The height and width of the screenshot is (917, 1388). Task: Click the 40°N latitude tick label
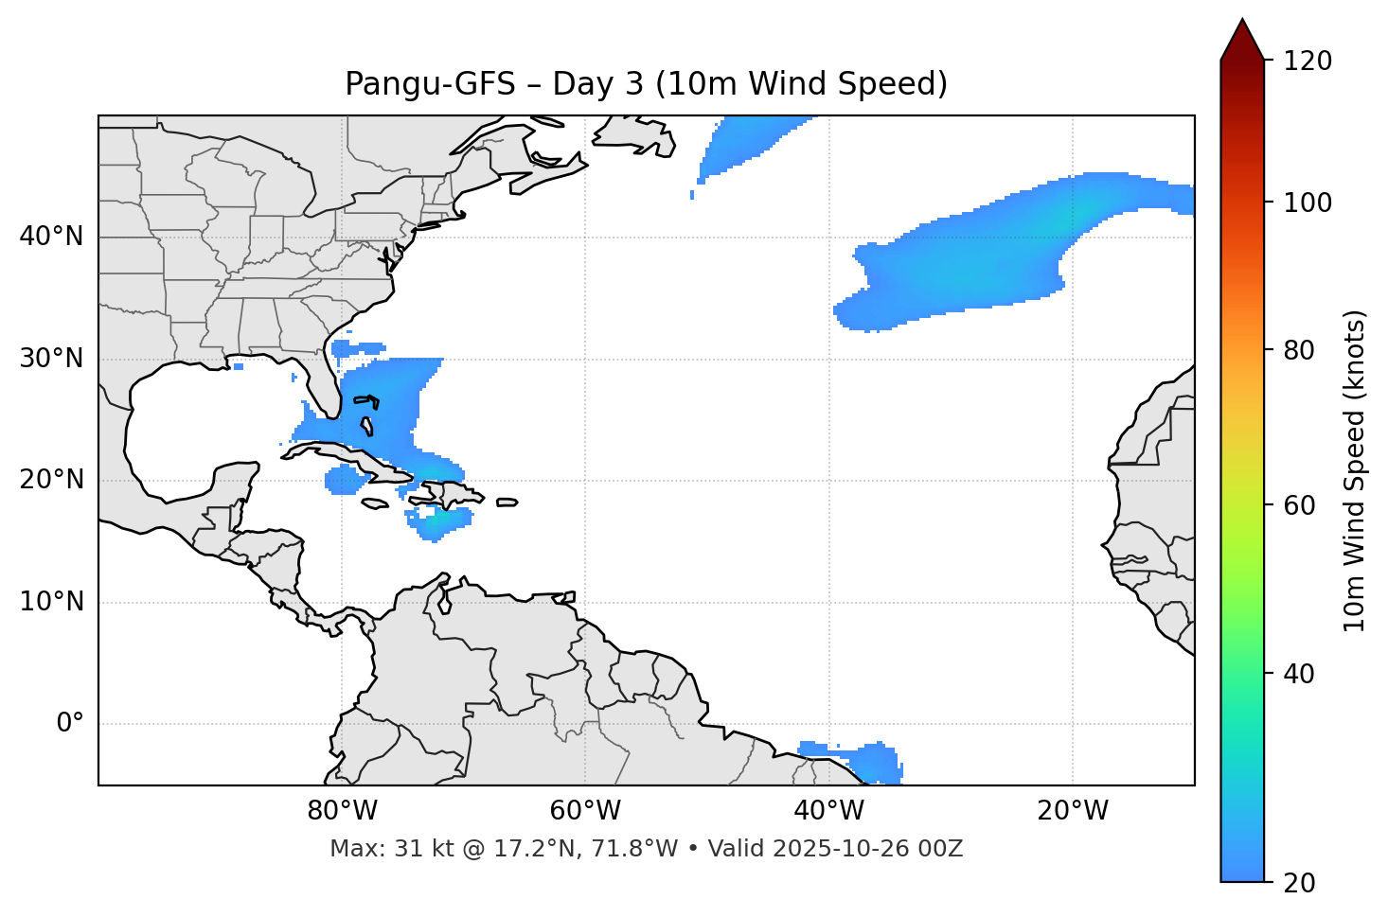pos(51,237)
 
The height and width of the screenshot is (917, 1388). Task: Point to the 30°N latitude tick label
pos(51,359)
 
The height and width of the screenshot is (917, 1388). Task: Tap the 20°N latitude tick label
pos(51,480)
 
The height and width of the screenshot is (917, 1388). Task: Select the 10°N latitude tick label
pos(51,602)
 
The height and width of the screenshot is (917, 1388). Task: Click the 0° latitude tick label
pos(70,724)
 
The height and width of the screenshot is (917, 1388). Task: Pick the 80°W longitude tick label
pos(342,811)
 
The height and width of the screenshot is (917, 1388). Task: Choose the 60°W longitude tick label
pos(585,811)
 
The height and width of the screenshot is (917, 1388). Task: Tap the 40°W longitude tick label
pos(828,811)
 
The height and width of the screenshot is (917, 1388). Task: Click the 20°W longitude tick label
pos(1072,811)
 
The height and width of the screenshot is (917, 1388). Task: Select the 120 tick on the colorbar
pos(1308,61)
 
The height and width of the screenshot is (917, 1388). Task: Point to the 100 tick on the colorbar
pos(1308,203)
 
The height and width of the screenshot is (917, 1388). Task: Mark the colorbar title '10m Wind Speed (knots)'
pos(1355,470)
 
